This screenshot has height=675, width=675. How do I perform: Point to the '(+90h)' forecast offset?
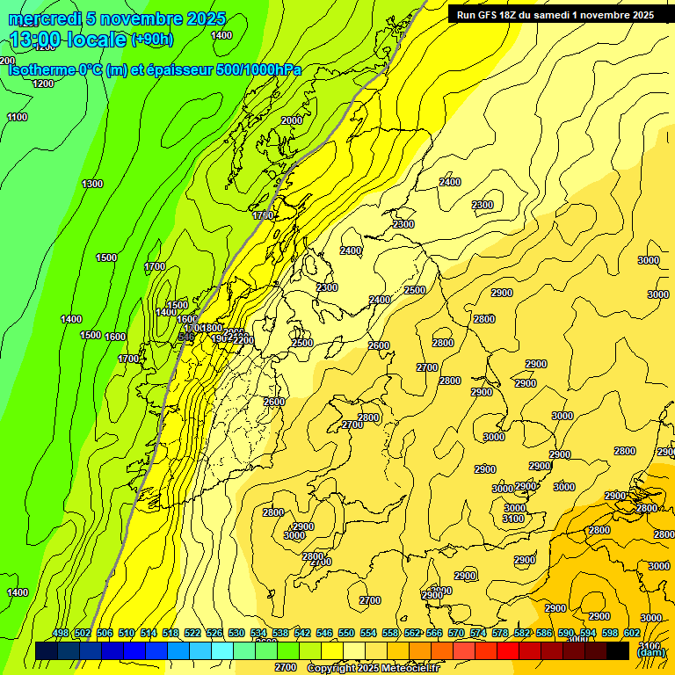152,40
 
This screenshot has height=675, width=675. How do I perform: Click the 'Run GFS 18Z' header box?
555,14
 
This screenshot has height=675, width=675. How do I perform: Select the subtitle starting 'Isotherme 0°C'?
154,69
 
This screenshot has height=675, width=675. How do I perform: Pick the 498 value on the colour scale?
61,634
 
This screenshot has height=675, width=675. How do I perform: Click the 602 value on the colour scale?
632,634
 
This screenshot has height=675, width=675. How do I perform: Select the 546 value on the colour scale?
324,634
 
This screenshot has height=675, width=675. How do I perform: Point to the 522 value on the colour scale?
192,634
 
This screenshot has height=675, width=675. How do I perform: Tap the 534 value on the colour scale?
258,634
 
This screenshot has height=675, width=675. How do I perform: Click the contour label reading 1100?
17,117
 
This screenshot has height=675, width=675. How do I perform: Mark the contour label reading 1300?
92,184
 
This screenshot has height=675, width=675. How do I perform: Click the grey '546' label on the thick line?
185,336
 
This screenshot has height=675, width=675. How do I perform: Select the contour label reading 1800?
212,328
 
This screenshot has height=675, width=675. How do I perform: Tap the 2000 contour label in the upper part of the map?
292,120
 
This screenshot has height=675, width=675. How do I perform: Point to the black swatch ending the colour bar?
618,650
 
